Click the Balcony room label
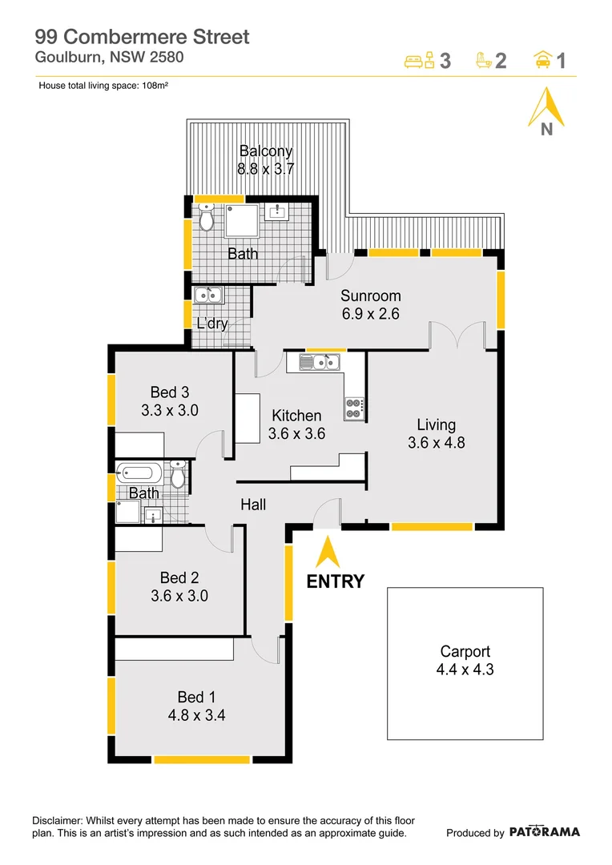point(266,151)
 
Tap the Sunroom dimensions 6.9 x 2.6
point(370,314)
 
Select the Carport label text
point(465,651)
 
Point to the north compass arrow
point(546,107)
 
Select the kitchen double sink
point(319,363)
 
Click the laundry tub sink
point(209,296)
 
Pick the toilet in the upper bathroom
point(207,217)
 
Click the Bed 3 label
point(170,392)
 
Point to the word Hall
point(254,505)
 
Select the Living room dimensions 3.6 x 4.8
point(436,442)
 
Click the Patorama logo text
point(544,832)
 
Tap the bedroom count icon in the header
point(419,60)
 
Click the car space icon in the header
point(542,60)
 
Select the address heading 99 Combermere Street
point(142,36)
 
